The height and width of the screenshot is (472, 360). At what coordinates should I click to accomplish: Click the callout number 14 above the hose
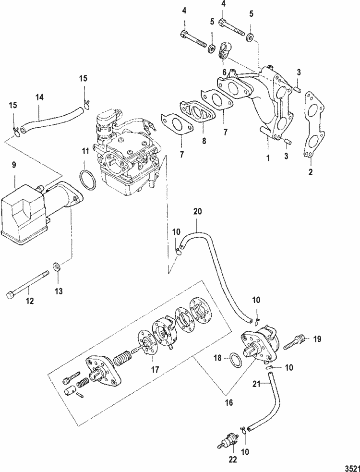39,97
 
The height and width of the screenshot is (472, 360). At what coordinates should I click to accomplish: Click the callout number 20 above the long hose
198,211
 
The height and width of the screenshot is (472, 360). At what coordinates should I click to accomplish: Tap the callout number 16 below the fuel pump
228,403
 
